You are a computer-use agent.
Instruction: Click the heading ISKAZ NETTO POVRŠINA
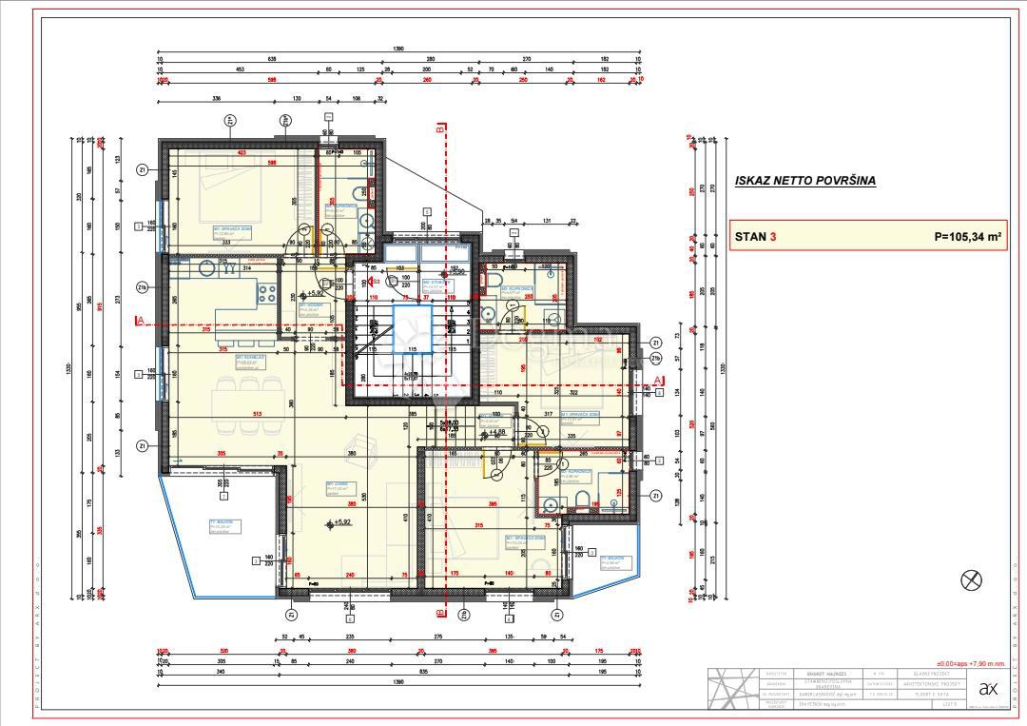(x=804, y=180)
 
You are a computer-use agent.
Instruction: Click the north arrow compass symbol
(x=973, y=579)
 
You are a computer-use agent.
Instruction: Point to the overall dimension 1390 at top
(x=397, y=49)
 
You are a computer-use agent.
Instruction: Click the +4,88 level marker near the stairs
(x=495, y=432)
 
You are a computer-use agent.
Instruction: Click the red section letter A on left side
(x=139, y=322)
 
